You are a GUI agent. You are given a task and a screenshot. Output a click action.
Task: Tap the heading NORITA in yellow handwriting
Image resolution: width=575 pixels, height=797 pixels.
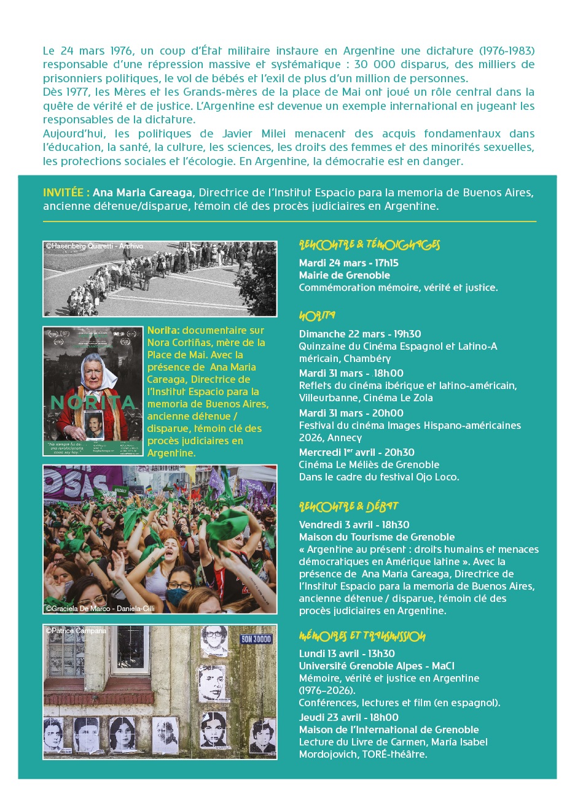tap(317, 316)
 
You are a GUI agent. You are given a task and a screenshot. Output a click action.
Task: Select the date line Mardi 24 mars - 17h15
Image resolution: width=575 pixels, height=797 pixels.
tap(348, 263)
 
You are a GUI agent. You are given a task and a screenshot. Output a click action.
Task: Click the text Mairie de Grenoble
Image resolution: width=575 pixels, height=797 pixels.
tap(344, 275)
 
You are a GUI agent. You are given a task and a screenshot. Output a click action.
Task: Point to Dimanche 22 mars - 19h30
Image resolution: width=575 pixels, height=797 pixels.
tap(360, 334)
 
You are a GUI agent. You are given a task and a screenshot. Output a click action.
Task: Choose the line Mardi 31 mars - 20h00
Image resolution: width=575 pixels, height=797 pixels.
tap(351, 413)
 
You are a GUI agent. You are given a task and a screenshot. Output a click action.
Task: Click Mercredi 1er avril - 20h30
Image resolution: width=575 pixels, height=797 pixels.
tap(356, 452)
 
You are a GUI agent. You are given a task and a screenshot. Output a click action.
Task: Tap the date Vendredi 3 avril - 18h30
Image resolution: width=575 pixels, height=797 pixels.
tap(354, 525)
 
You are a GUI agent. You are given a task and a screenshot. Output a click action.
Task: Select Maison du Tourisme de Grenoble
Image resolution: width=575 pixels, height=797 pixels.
tap(377, 537)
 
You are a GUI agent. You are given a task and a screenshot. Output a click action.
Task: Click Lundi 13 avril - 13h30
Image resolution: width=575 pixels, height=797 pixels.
tap(346, 653)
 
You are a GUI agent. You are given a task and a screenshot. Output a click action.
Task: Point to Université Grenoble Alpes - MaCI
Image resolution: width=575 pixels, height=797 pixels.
tap(377, 666)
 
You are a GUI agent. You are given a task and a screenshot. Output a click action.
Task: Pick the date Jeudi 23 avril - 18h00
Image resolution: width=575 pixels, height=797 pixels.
tap(348, 717)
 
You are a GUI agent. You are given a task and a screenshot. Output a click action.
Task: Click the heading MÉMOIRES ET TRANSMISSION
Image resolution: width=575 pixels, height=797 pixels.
tap(362, 636)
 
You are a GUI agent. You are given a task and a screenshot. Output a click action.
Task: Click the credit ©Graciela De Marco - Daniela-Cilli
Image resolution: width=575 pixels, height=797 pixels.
tap(100, 608)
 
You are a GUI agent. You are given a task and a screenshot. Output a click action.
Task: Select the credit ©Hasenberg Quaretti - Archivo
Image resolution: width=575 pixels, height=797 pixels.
tap(94, 246)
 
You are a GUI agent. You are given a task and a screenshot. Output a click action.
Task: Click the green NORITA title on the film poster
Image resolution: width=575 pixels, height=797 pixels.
tap(93, 402)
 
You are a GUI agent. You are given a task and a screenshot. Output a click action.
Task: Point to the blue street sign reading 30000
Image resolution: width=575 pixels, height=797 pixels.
tap(256, 639)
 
